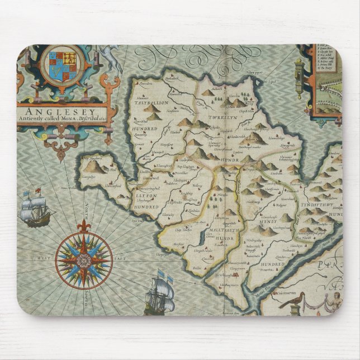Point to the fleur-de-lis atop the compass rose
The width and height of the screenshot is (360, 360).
coord(84,226)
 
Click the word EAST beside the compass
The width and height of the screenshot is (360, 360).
coord(119,260)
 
